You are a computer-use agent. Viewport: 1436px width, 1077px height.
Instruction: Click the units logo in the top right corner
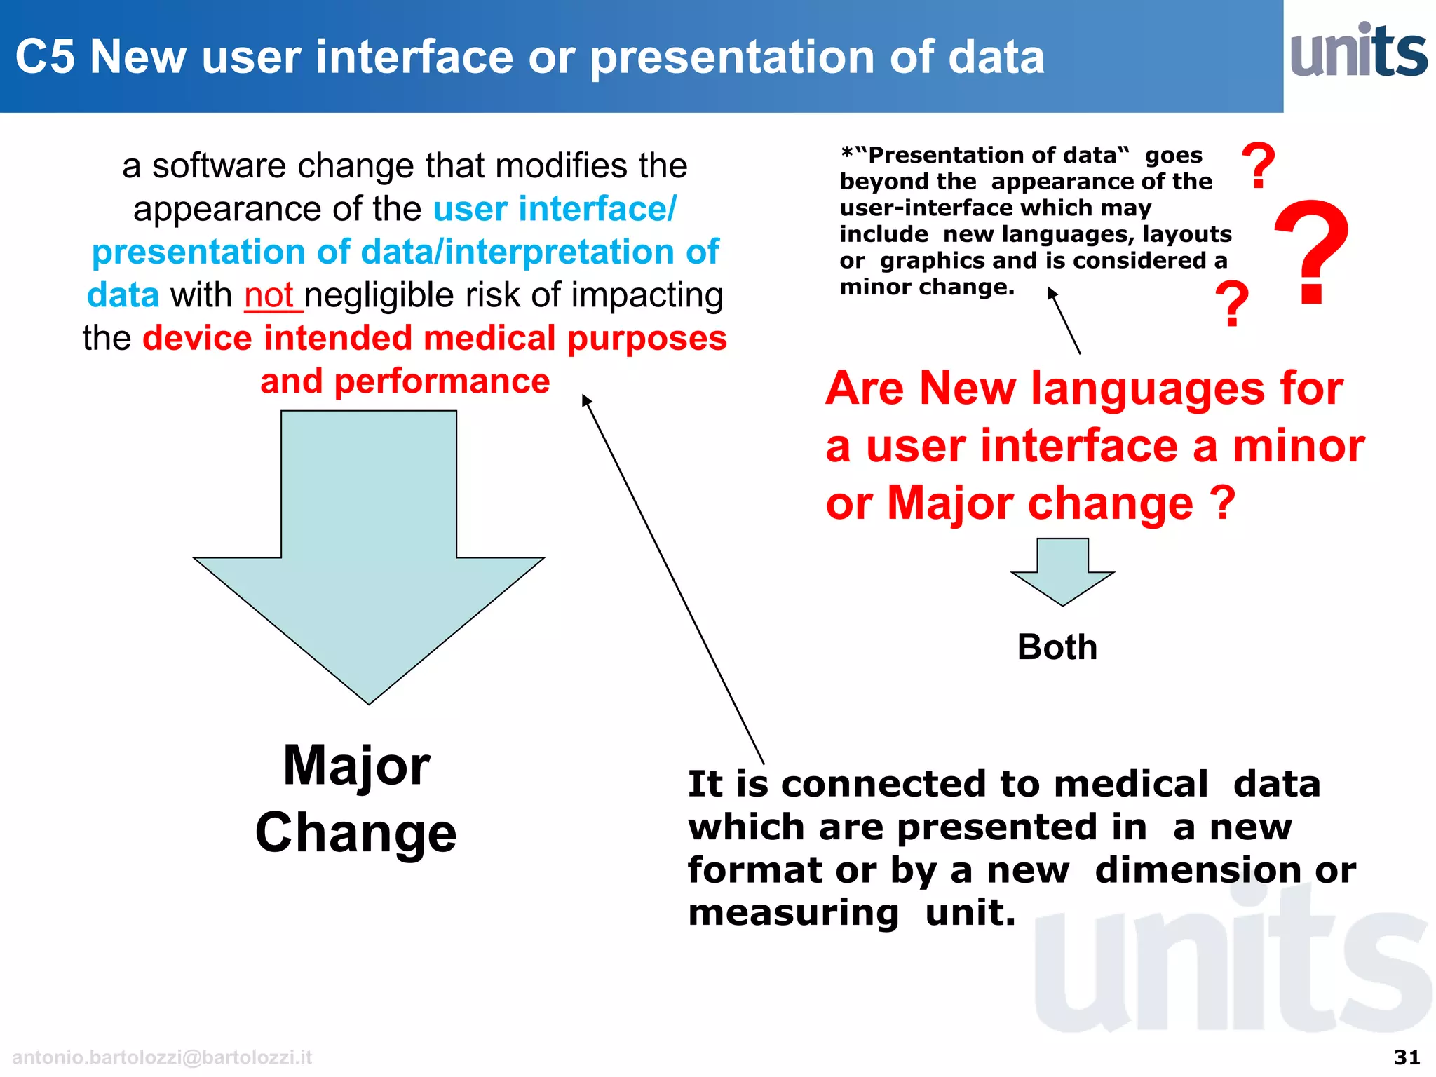coord(1358,50)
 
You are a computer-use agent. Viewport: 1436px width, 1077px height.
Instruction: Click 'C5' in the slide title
coord(45,57)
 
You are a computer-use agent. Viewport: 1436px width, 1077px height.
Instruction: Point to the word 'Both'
coord(1057,647)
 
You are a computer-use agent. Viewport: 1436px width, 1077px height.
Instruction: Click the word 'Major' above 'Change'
coord(356,766)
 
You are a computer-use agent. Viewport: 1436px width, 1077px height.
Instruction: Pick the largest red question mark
coord(1310,252)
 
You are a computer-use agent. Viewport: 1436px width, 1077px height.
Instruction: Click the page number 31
coord(1406,1057)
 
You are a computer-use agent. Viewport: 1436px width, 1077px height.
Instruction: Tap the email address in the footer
coord(162,1057)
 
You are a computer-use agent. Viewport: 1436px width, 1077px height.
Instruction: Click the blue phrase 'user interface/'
coord(555,209)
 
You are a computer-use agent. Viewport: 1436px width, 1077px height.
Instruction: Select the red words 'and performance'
coord(405,381)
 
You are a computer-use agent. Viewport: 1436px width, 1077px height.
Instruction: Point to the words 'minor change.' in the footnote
coord(927,287)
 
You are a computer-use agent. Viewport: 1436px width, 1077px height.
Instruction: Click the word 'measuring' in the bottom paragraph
coord(793,913)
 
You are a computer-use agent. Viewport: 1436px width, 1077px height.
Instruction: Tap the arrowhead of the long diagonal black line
coord(586,400)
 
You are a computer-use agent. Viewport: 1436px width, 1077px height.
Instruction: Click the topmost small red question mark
coord(1258,165)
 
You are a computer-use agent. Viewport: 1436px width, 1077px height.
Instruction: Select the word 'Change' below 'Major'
coord(356,832)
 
